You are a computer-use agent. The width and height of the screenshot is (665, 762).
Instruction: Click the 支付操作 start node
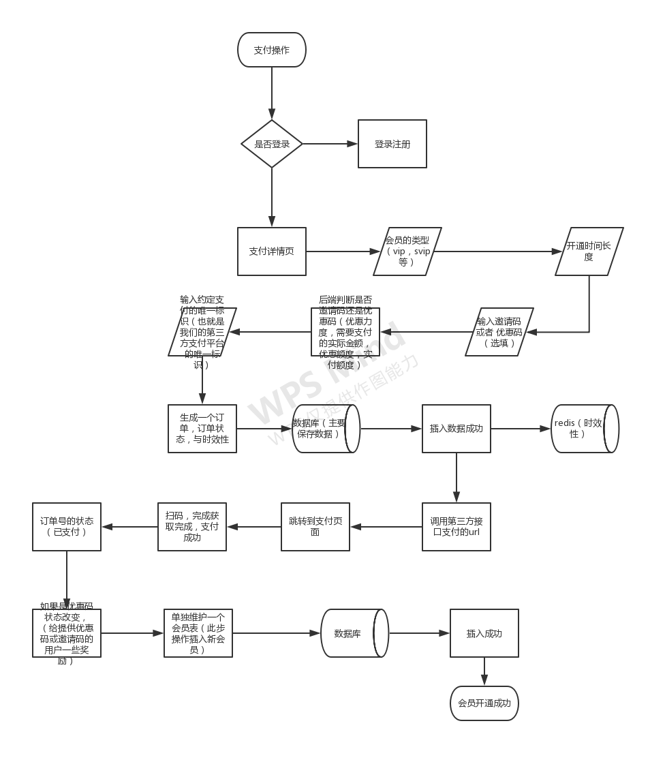coord(272,50)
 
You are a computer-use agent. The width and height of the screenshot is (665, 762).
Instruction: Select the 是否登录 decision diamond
coord(272,144)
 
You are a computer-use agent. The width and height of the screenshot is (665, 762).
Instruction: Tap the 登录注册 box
coord(392,144)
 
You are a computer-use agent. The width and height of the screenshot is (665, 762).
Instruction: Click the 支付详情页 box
coord(272,252)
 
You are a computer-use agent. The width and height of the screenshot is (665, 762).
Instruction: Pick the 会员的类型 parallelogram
coord(407,252)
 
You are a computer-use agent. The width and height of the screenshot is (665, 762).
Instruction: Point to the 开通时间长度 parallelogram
coord(589,252)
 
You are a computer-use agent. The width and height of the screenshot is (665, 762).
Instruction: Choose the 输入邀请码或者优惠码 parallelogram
coord(499,332)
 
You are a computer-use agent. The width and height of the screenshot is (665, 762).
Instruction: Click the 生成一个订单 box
coord(202,429)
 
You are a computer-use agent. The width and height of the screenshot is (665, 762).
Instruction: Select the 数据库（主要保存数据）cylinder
coord(325,429)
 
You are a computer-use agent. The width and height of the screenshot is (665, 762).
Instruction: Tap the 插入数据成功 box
coord(457,429)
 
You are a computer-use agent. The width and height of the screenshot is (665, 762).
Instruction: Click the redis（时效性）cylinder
coord(584,429)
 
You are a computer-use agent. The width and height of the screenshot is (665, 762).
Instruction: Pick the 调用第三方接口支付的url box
coord(457,527)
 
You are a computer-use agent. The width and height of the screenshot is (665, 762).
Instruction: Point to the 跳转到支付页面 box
coord(315,527)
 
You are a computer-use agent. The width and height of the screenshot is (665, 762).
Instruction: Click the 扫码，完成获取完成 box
coord(192,527)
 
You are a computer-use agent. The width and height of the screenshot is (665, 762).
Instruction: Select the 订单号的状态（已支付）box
coord(67,527)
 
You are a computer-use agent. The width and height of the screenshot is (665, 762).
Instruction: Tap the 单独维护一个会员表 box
coord(198,633)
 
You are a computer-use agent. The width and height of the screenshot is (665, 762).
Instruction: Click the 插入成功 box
coord(484,633)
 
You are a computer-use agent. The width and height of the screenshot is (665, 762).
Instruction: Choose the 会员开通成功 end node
coord(484,703)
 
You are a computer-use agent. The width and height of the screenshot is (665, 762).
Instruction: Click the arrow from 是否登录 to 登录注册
coord(330,144)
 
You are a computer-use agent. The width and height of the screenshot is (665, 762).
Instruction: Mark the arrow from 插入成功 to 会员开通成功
coord(484,672)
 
